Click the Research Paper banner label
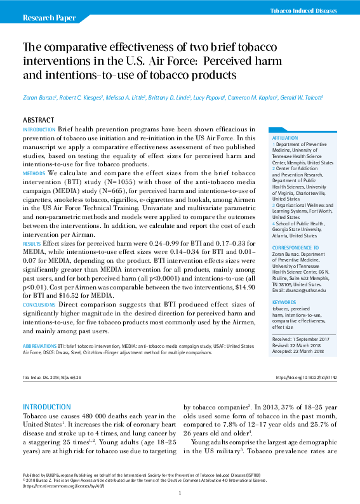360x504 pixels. click(46, 18)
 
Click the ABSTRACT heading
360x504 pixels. click(38, 120)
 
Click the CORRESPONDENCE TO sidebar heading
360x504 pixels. click(295, 248)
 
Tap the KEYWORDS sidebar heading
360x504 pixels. click(284, 302)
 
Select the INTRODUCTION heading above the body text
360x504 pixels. click(46, 406)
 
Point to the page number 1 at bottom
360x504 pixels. click(180, 493)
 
